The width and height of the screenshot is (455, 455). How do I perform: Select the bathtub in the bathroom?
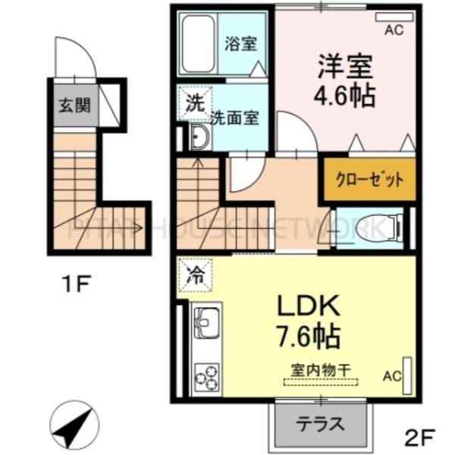point(199,42)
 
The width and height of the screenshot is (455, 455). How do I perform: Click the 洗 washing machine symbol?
point(193,105)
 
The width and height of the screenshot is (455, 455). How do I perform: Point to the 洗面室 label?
point(235,118)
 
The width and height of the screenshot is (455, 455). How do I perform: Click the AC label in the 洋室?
point(394,31)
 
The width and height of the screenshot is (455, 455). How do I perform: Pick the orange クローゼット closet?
point(370,180)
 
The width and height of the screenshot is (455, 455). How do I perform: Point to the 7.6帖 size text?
point(306,335)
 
